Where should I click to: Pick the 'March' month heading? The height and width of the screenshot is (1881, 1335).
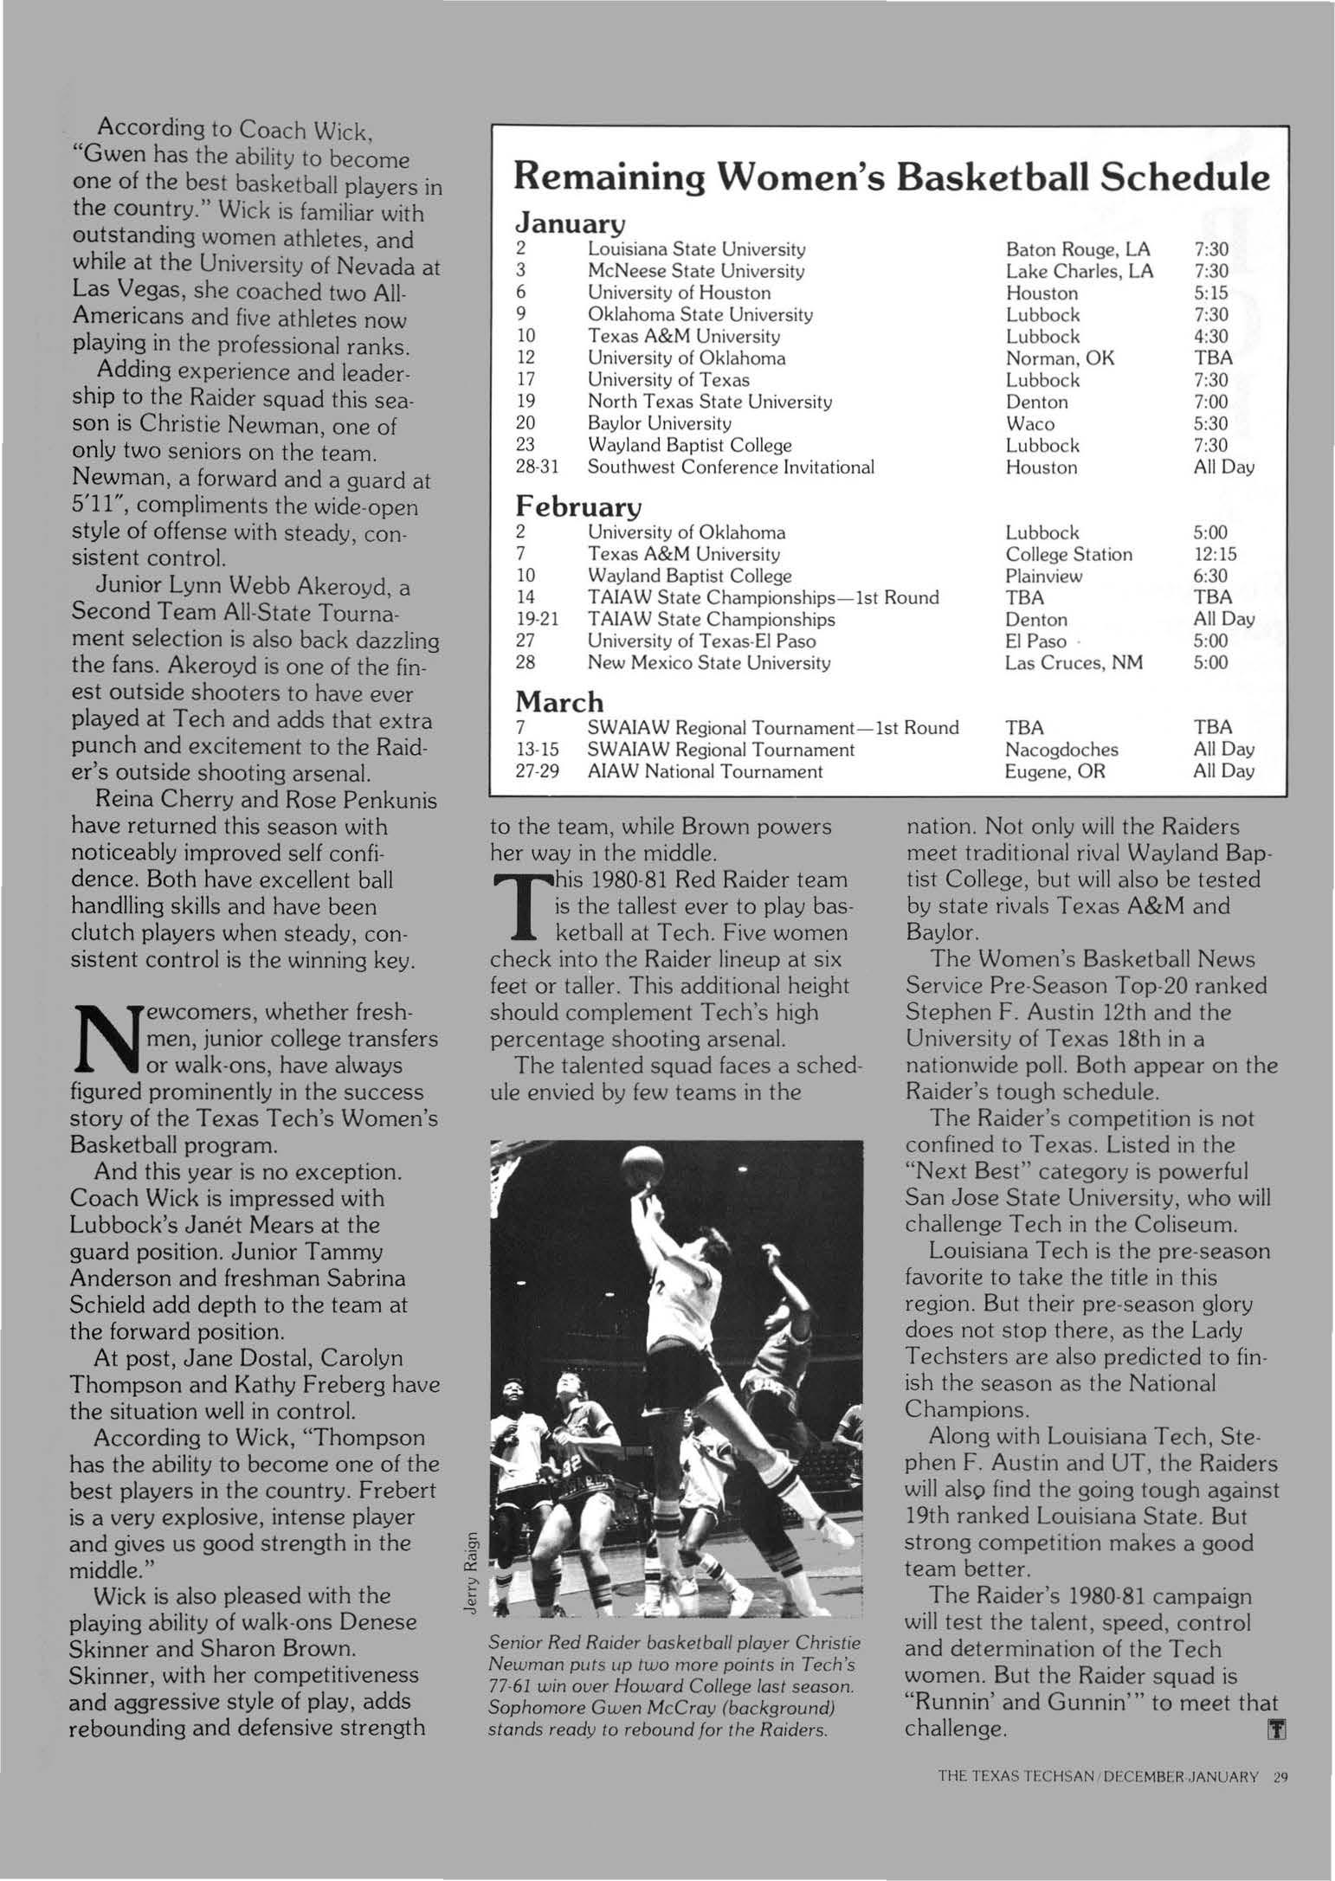click(x=559, y=699)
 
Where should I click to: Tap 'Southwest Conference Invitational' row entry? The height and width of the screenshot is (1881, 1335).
click(x=731, y=467)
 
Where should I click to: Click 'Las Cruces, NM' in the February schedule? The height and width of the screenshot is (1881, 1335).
click(x=1074, y=663)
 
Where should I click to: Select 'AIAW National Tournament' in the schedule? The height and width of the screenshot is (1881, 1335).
click(x=705, y=771)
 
